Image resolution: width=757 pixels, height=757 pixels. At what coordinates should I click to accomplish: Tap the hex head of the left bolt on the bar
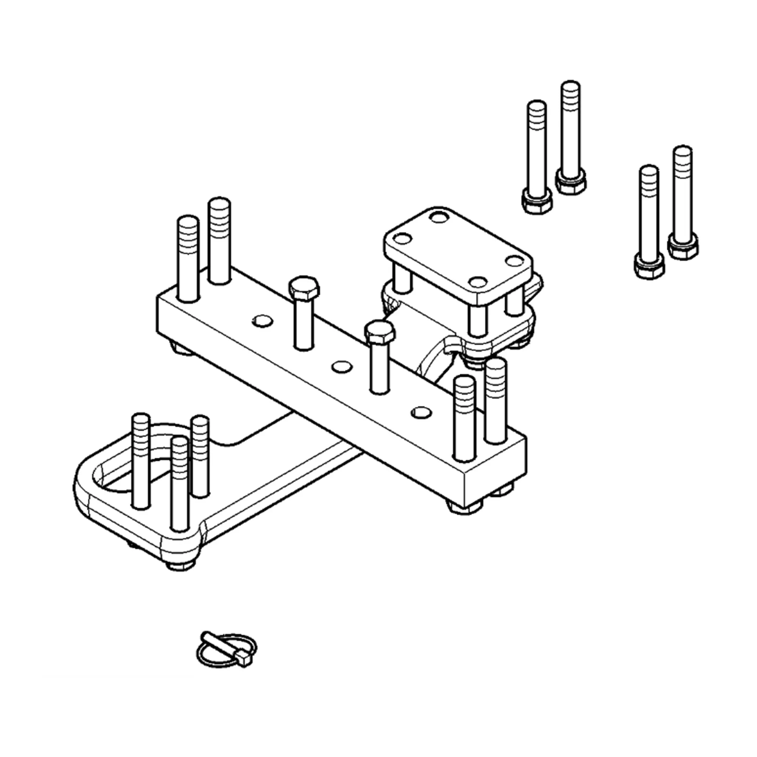pos(304,289)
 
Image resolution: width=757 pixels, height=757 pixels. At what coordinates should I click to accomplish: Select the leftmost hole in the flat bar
pos(262,321)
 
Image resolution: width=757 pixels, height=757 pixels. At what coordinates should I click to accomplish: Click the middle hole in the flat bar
pos(341,367)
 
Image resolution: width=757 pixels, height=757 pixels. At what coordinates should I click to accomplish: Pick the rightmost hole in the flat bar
pos(421,412)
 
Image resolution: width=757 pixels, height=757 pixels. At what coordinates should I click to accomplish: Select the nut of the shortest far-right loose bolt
pos(648,266)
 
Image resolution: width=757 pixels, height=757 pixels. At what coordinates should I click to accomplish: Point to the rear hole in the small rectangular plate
pos(439,217)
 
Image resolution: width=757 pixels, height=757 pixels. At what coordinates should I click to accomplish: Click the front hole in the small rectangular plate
pos(478,282)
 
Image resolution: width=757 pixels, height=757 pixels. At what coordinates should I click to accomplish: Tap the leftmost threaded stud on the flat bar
pos(188,259)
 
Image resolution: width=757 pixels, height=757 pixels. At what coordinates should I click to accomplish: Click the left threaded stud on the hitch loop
pos(141,460)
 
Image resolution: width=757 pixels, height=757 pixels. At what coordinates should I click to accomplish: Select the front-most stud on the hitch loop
pos(180,484)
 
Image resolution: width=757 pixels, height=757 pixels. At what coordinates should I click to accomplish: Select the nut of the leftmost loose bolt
pos(537,201)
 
